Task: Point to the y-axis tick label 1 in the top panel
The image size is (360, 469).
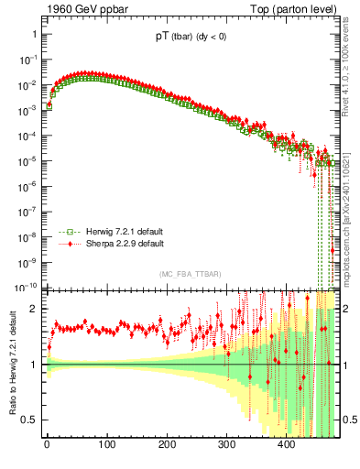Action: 34,34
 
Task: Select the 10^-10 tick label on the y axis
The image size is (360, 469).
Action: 26,287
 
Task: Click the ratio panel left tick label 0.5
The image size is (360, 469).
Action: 30,420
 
